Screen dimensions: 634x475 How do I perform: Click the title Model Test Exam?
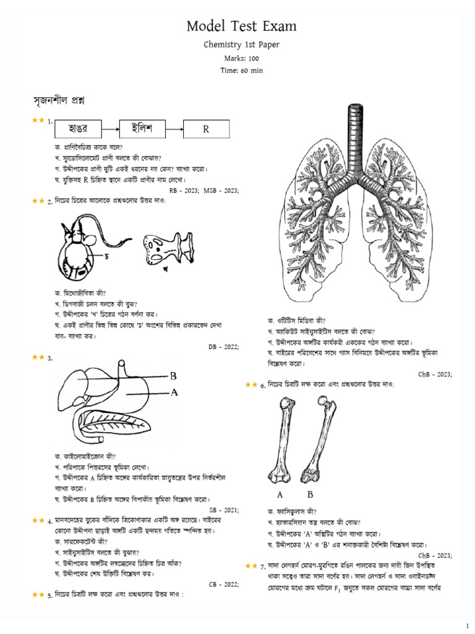point(242,26)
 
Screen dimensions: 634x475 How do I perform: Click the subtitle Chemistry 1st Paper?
point(242,45)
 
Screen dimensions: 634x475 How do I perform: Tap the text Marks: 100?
point(242,58)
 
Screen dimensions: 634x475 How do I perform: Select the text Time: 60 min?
point(242,71)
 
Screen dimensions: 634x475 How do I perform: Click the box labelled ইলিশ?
point(142,129)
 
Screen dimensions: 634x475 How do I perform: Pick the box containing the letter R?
point(207,129)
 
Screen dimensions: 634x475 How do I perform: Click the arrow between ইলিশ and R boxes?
point(174,129)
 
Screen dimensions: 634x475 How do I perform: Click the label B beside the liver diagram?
point(173,375)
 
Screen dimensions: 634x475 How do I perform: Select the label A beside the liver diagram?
point(174,392)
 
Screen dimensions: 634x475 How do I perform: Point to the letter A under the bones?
point(280,495)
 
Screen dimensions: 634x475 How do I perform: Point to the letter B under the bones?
point(310,495)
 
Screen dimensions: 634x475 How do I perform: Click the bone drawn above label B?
point(315,440)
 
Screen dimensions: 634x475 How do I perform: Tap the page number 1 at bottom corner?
point(467,623)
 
